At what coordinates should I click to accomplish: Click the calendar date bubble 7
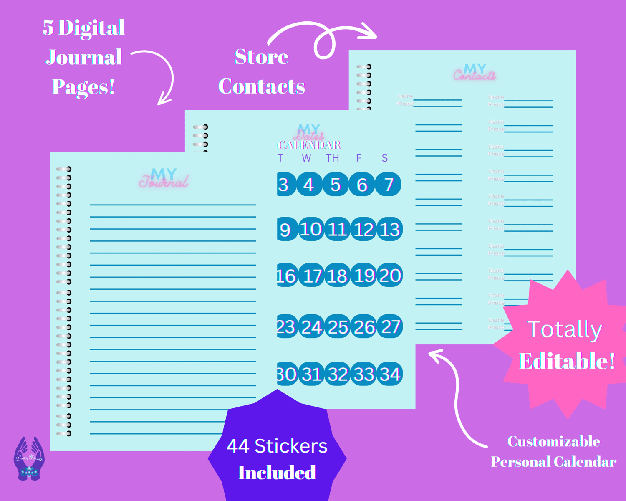click(x=389, y=184)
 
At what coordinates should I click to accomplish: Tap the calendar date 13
click(x=390, y=229)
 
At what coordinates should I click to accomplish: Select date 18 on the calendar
click(x=337, y=276)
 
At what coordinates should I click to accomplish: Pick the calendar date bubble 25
click(x=338, y=327)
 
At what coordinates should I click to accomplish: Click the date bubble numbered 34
click(x=390, y=374)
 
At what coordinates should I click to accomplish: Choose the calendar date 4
click(x=309, y=184)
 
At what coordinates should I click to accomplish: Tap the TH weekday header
click(x=333, y=158)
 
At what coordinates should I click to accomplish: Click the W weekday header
click(x=306, y=158)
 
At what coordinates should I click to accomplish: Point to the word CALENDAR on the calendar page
click(x=309, y=145)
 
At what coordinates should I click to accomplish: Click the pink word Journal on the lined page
click(x=164, y=182)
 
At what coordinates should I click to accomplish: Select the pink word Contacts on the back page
click(x=475, y=76)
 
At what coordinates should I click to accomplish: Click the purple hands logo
click(x=29, y=458)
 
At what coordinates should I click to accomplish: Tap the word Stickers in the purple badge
click(x=291, y=446)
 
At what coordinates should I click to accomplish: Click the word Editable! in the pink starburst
click(x=567, y=361)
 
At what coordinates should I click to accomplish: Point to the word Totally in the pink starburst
click(x=565, y=329)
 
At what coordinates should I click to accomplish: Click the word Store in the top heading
click(x=262, y=57)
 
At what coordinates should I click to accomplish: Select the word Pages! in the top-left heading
click(x=83, y=87)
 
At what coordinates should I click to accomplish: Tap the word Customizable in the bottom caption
click(x=554, y=441)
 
